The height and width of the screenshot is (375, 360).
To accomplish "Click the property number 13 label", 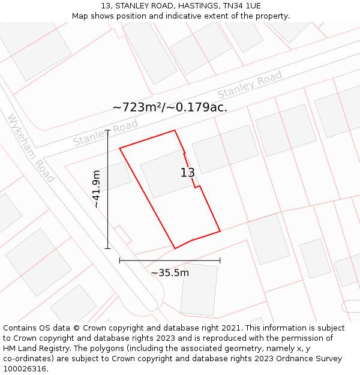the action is click(188, 173).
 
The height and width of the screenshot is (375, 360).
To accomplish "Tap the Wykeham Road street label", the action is click(31, 148).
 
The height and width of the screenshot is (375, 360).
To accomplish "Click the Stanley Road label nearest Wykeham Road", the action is click(106, 133).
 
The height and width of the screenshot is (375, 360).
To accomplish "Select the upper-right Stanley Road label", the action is click(250, 85).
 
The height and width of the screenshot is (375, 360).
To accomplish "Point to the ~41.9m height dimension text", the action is click(96, 189).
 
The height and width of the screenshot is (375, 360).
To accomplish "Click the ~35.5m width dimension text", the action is click(170, 273).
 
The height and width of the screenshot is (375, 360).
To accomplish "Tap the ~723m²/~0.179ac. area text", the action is click(170, 107).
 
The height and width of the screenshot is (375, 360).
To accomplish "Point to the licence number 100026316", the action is click(25, 369).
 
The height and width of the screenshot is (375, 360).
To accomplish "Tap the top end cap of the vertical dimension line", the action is click(108, 130).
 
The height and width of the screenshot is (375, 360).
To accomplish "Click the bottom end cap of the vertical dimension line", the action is click(108, 248).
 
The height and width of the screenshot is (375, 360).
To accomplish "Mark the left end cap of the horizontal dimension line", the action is click(120, 260).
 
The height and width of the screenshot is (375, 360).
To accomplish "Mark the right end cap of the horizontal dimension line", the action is click(220, 260).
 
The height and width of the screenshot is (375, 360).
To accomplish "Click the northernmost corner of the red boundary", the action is click(175, 130).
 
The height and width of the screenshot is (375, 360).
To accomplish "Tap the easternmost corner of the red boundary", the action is click(220, 230).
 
